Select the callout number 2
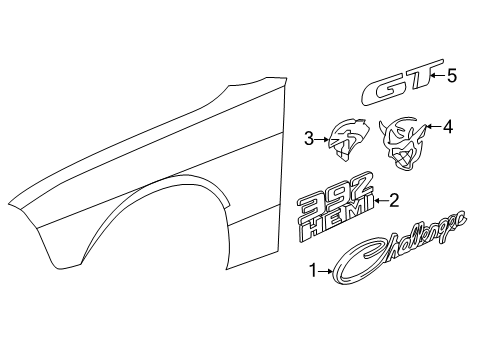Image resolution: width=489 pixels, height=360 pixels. (394, 200)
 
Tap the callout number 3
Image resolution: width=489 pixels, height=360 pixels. (310, 138)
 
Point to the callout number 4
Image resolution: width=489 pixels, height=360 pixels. (448, 127)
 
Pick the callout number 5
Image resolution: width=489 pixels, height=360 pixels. (451, 74)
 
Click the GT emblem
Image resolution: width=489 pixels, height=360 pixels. (398, 82)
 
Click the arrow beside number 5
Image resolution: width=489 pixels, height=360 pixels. (436, 74)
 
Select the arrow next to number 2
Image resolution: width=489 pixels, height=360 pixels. (381, 200)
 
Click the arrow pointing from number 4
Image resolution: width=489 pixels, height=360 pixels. (432, 128)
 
